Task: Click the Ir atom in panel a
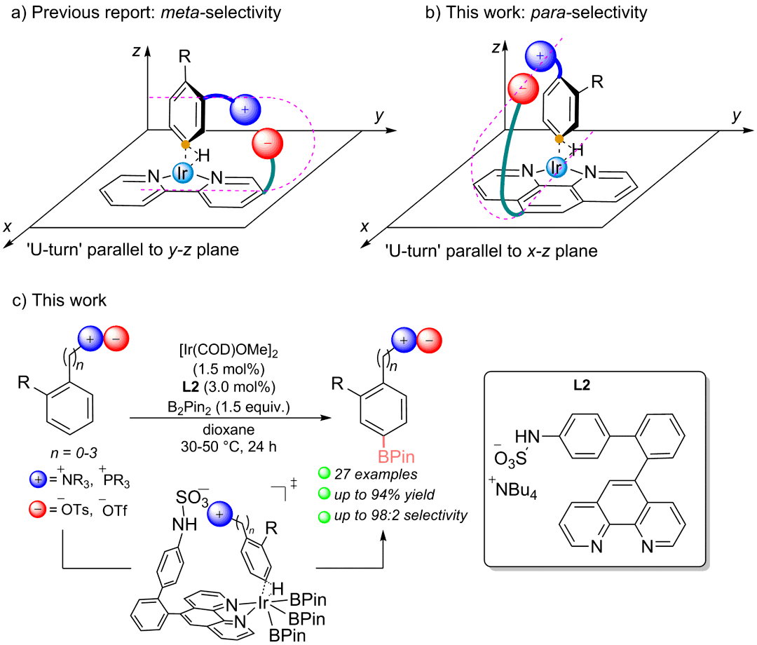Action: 182,172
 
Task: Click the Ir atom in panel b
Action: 557,167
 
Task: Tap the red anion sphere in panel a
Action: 268,144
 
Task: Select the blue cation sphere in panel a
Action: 245,109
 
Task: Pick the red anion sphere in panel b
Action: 524,88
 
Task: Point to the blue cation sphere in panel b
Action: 540,57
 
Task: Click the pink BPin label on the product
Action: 396,456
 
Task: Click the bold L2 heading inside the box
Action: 582,385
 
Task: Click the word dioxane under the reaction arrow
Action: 229,429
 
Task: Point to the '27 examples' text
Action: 376,474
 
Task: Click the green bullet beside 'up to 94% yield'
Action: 325,494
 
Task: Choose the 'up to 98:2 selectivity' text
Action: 401,515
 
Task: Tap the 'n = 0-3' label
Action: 74,453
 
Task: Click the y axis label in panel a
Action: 379,116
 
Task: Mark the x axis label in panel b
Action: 364,226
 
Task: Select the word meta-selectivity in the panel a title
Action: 221,12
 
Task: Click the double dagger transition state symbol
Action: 293,484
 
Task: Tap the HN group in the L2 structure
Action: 527,437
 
